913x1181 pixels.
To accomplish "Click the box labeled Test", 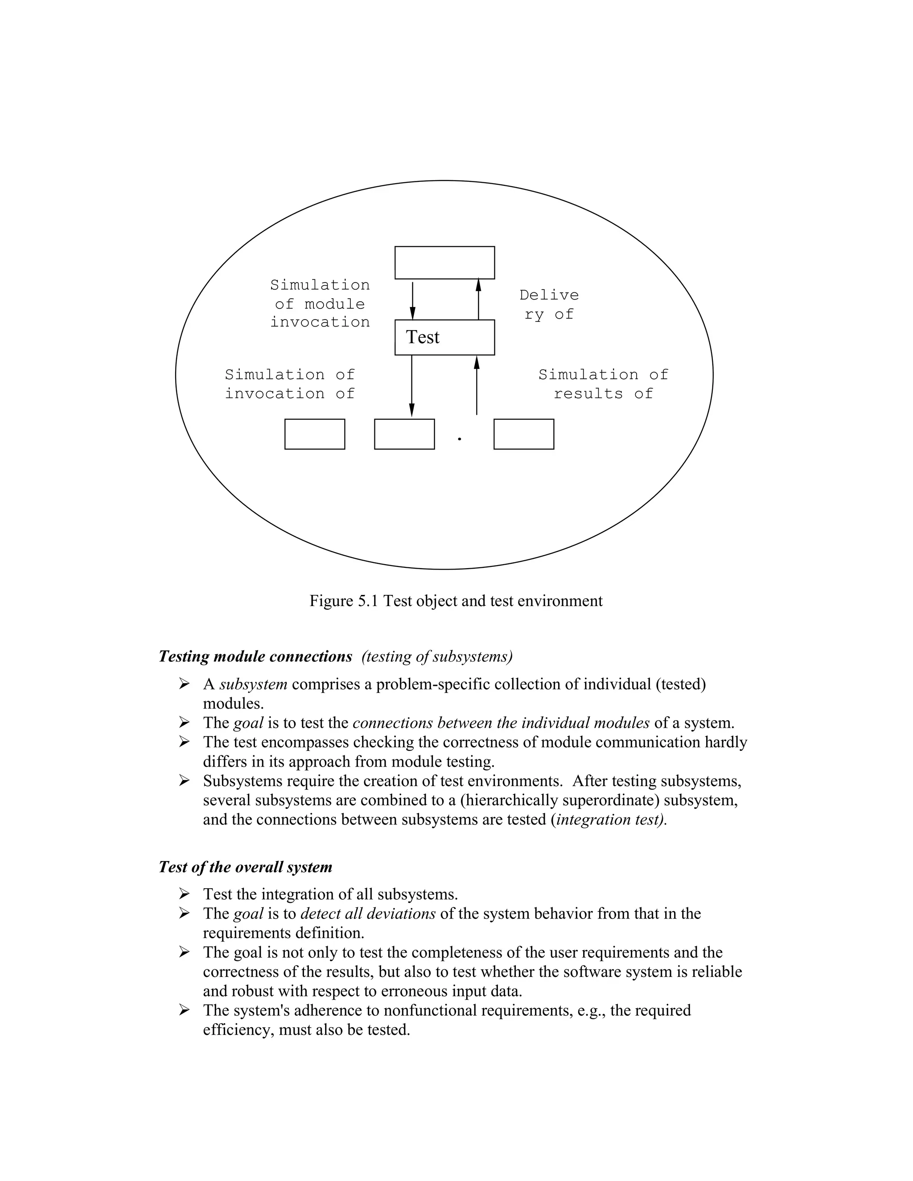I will pos(444,337).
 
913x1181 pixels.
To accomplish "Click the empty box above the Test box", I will pos(444,263).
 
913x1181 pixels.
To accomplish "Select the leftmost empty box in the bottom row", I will pos(314,434).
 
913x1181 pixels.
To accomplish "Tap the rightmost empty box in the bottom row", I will pos(523,434).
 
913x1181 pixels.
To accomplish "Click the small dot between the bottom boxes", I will pos(459,439).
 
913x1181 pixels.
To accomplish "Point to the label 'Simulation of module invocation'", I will pos(320,303).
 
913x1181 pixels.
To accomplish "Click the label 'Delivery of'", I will pos(548,304).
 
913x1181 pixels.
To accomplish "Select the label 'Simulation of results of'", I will pos(603,384).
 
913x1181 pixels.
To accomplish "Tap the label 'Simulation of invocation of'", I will pos(289,384).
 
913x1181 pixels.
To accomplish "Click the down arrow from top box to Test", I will pos(412,299).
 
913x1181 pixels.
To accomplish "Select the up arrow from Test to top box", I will pos(478,299).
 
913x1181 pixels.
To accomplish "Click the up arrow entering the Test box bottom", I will pos(477,385).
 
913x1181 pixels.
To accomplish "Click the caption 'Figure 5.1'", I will pos(344,601).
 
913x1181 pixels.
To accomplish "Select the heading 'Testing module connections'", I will pos(255,656).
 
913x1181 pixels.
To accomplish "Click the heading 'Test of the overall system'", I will pos(245,867).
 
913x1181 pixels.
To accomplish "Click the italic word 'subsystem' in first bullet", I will pos(253,684).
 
